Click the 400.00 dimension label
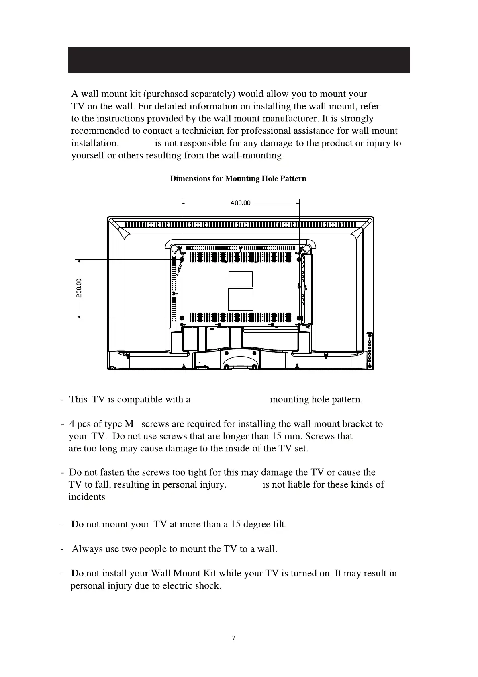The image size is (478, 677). point(240,203)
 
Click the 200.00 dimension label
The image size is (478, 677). point(79,288)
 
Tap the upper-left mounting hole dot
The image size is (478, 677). point(182,260)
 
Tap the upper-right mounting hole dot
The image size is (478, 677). point(299,260)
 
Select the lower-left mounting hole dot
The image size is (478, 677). point(182,318)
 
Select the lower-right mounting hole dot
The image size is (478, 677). point(299,318)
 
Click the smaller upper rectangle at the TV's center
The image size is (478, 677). point(240,279)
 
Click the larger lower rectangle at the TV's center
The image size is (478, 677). point(240,299)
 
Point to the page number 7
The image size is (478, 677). point(233,638)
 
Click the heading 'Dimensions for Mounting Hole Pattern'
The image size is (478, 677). point(238,178)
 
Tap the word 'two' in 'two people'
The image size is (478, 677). point(129,549)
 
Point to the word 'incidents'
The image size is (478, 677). point(87,497)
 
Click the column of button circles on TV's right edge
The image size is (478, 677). point(370,350)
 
